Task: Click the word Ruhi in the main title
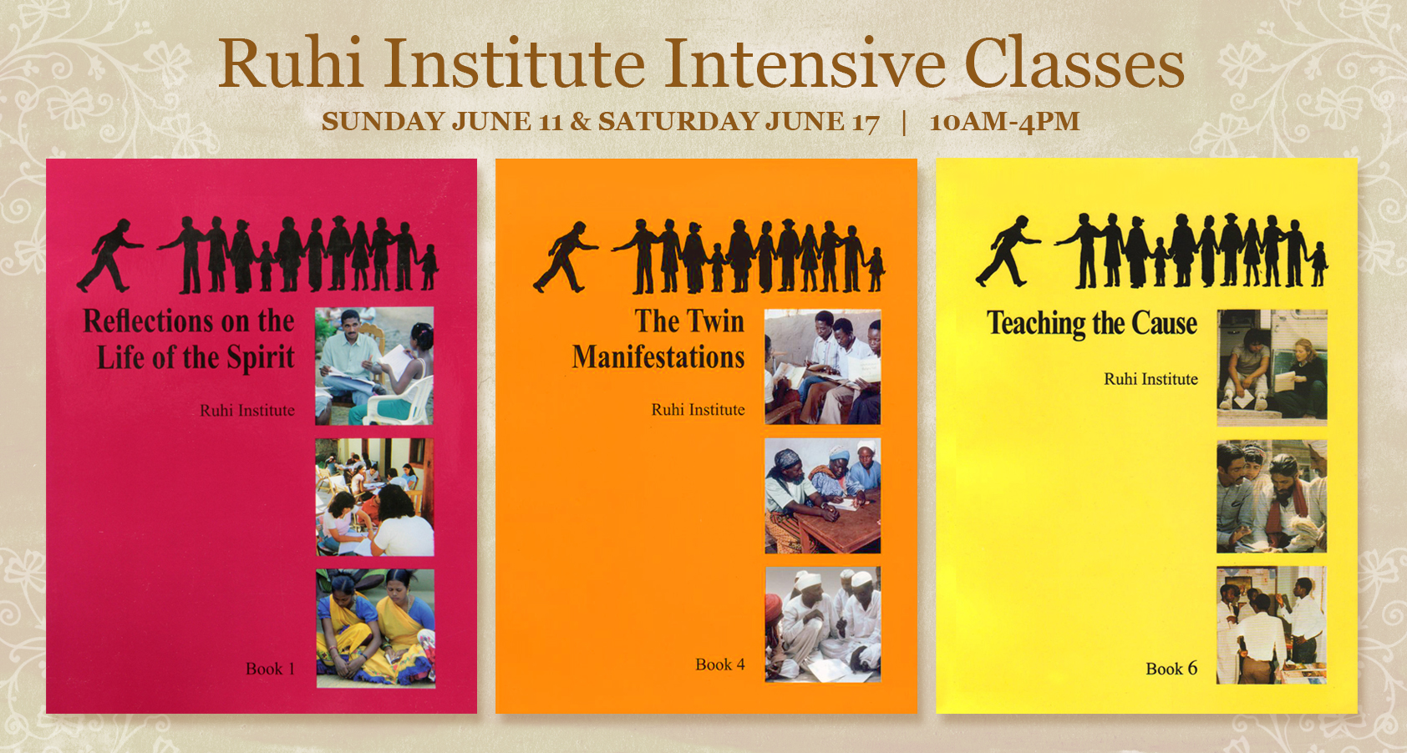click(290, 63)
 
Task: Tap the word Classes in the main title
click(1074, 63)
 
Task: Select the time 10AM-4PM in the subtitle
click(1004, 122)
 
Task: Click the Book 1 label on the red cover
click(270, 669)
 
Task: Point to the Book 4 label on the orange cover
click(719, 665)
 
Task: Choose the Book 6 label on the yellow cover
click(1171, 669)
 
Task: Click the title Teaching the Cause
click(1092, 323)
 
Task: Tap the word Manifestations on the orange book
click(658, 357)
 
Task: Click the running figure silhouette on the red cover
click(109, 255)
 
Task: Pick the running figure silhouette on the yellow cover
click(1007, 250)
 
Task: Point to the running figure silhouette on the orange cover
click(566, 256)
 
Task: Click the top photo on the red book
click(374, 366)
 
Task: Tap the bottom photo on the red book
click(375, 628)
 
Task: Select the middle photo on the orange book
click(822, 496)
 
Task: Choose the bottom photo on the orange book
click(822, 624)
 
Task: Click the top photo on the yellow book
click(1271, 367)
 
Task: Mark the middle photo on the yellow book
click(1271, 497)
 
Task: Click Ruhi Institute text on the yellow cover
click(1150, 379)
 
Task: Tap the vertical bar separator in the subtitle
click(904, 122)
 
